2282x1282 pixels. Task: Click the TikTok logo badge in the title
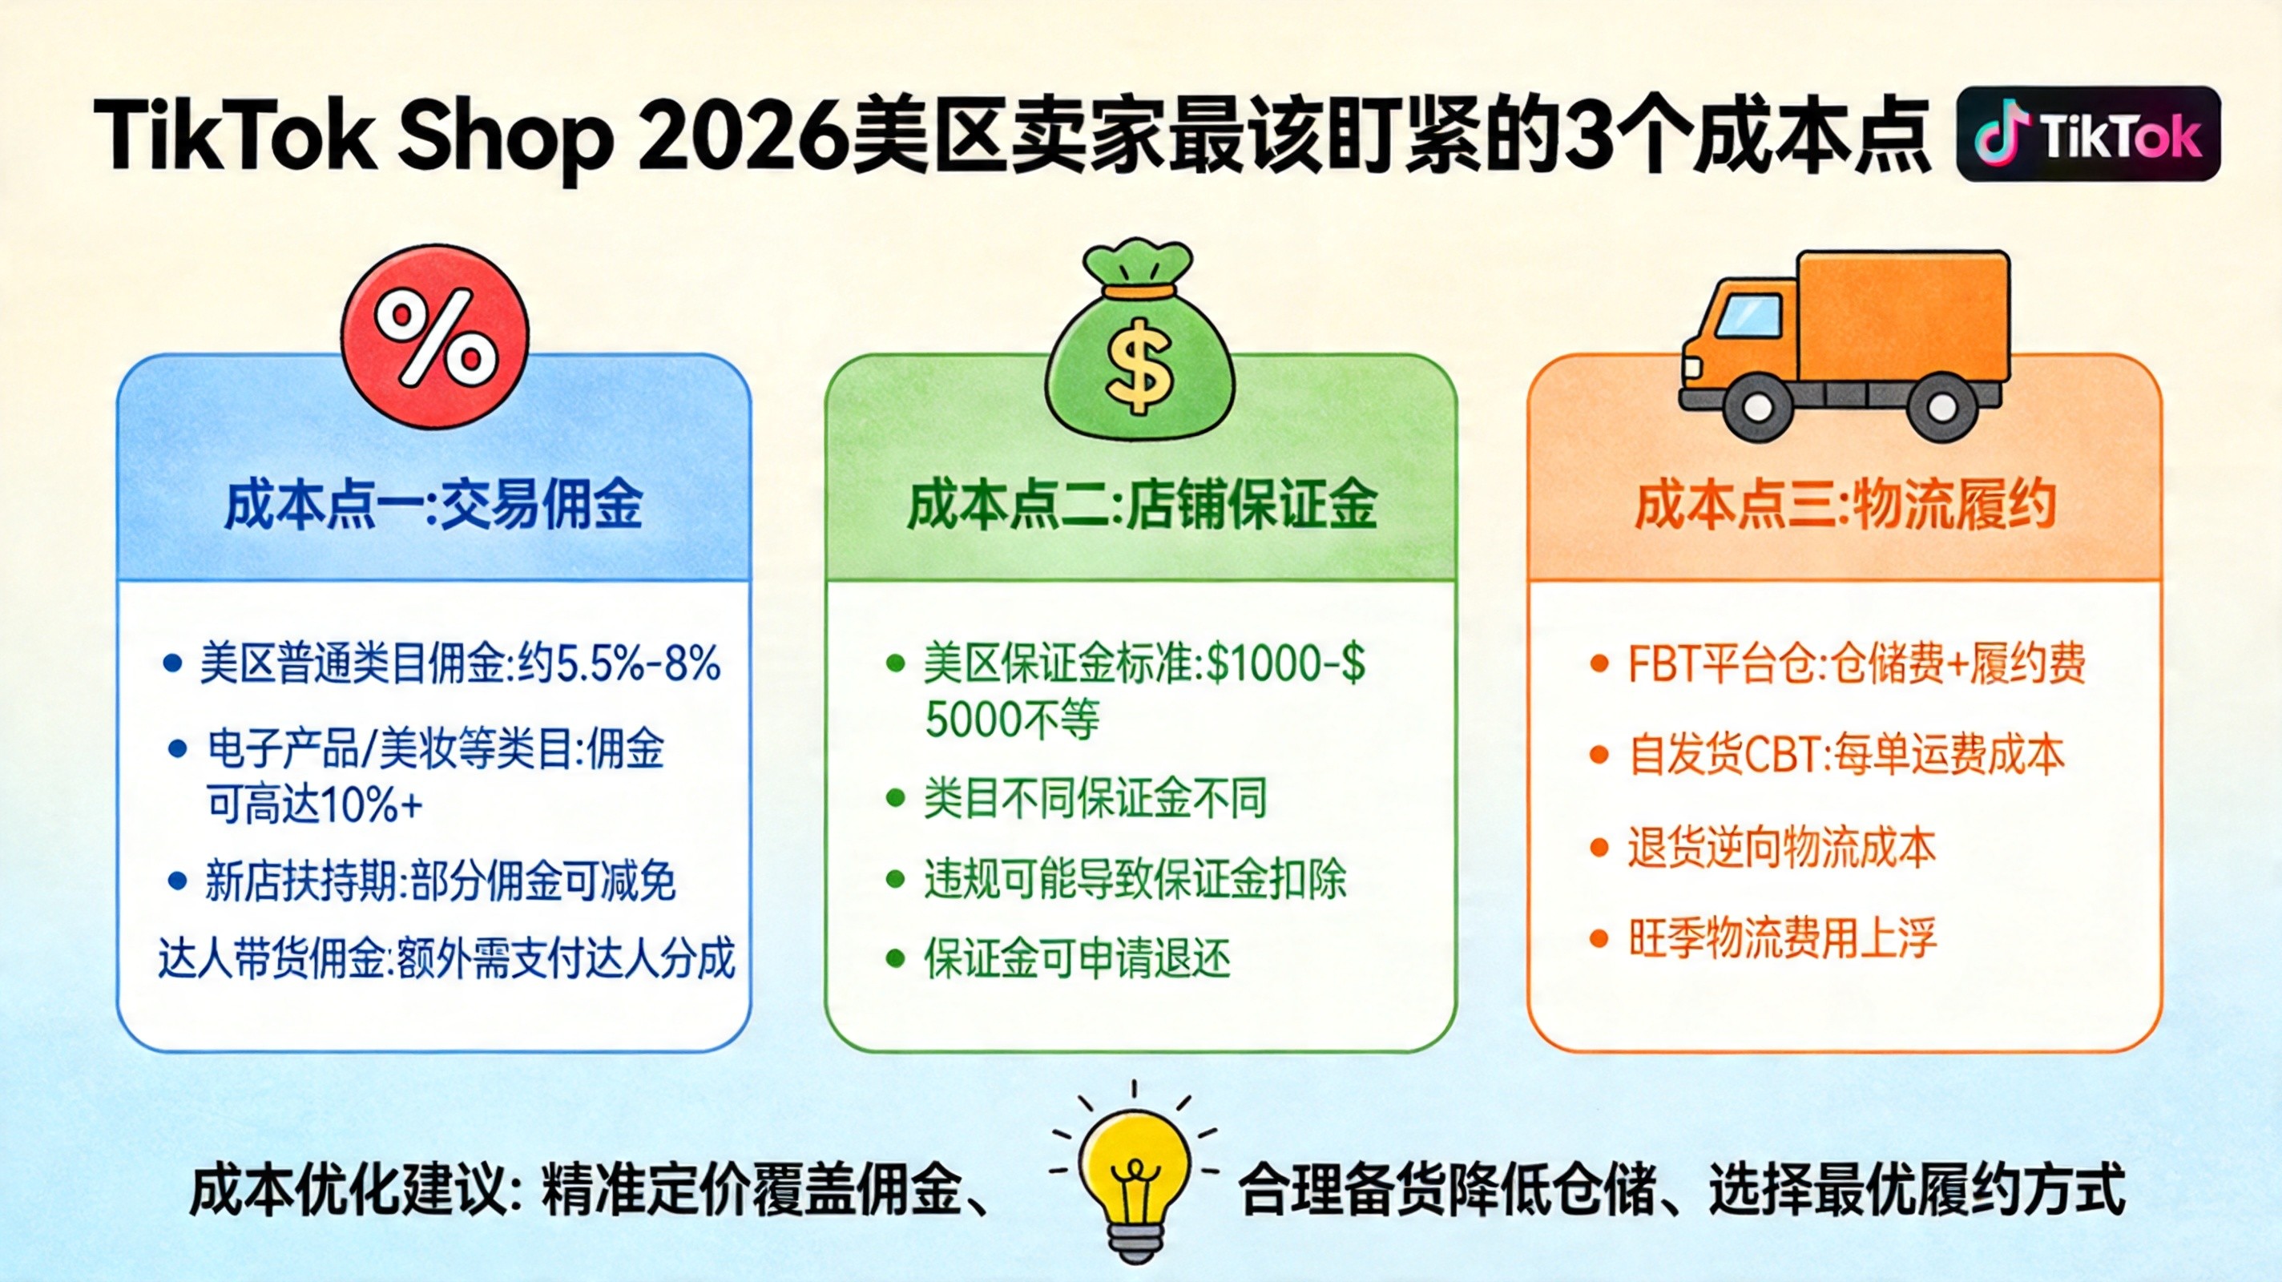point(2088,135)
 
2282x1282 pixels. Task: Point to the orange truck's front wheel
point(1759,408)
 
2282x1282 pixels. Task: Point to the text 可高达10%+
point(314,804)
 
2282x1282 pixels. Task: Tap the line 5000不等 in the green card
point(1012,719)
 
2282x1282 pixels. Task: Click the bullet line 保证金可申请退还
point(1077,957)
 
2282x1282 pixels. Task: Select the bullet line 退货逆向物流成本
point(1781,847)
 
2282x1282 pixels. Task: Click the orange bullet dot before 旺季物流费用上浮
point(1599,938)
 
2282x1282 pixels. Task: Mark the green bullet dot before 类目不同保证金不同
point(896,798)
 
